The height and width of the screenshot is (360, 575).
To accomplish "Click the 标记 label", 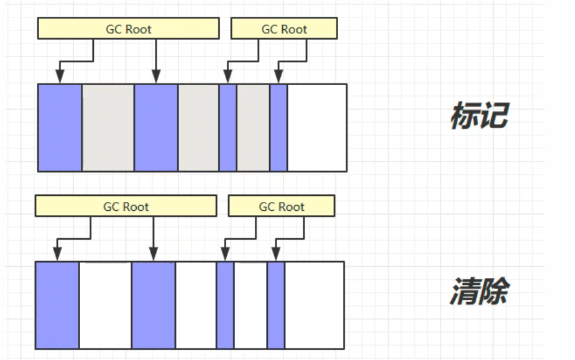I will point(479,116).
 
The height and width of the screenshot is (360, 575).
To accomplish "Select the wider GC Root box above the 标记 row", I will point(128,29).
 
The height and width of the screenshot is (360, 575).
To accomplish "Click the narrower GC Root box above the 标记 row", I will point(284,29).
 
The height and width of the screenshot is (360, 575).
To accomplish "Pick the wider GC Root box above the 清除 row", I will point(126,206).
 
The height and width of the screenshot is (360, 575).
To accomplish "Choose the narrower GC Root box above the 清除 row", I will point(282,206).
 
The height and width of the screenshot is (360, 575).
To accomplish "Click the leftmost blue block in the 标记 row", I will point(60,127).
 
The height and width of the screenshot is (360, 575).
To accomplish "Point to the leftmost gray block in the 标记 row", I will point(108,127).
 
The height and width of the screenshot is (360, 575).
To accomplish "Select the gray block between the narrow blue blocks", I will point(253,127).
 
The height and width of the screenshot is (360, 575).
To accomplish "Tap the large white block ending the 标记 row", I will point(317,127).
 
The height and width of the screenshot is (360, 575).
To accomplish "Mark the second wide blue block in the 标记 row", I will point(156,127).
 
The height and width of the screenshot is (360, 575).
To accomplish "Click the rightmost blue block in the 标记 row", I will point(278,127).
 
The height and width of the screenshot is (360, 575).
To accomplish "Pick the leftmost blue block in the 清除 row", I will point(57,305).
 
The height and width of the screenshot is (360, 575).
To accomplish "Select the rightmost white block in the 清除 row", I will point(315,305).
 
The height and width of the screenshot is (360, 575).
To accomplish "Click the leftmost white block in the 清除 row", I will point(105,305).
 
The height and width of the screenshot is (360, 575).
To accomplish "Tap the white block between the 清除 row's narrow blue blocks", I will point(251,305).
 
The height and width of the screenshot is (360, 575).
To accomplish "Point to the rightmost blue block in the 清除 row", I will point(276,305).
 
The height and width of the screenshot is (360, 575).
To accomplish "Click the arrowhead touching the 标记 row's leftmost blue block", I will point(60,77).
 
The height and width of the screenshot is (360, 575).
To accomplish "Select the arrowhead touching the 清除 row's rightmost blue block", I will point(276,255).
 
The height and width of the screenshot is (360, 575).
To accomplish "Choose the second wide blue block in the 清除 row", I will point(154,305).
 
